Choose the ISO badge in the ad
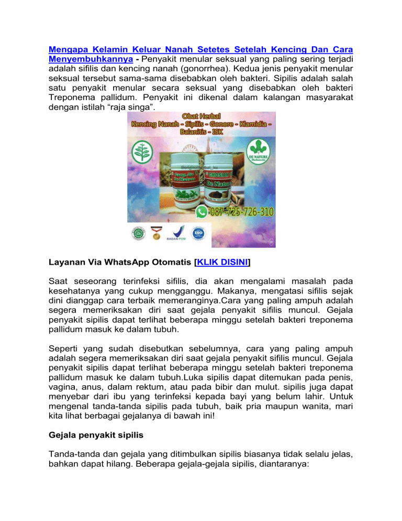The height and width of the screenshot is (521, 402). (199, 231)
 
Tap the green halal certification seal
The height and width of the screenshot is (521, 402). (138, 231)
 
